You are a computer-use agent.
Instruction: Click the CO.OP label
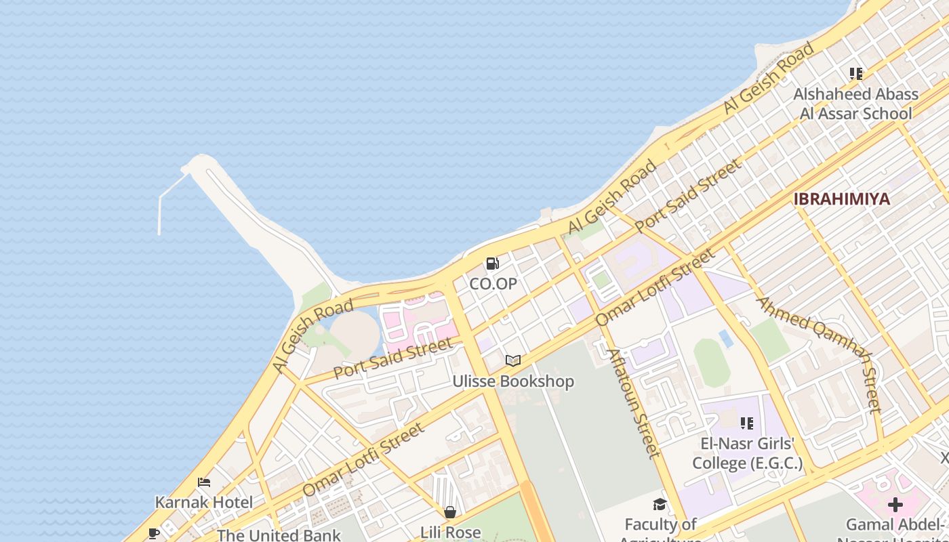pos(493,284)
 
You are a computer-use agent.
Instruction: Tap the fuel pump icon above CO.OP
pos(493,264)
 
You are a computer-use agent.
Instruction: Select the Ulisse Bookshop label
pos(513,381)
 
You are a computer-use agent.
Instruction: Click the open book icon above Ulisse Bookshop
pos(513,360)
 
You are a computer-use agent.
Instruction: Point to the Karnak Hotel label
pos(204,503)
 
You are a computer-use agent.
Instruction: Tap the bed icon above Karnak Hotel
pos(204,482)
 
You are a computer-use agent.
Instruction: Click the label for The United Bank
pos(279,535)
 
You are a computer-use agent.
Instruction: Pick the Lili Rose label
pos(451,533)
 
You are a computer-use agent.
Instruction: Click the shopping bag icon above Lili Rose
pos(449,512)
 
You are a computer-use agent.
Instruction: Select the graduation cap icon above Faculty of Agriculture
pos(660,504)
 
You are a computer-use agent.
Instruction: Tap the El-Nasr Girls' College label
pos(747,454)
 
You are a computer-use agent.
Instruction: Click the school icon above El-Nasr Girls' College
pos(747,424)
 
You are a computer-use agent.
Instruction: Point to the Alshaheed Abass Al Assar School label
pos(855,104)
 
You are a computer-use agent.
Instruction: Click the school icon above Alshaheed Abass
pos(855,74)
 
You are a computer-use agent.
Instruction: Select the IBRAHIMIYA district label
pos(841,199)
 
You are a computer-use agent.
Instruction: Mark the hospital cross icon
pos(895,505)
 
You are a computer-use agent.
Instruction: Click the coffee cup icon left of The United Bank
pos(154,533)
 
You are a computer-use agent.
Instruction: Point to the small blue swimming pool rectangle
pos(725,338)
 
